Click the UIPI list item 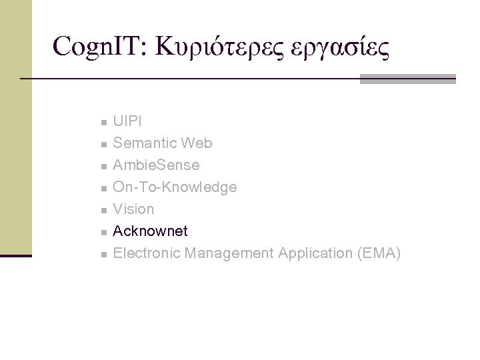[x=127, y=121]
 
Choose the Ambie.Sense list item [x=156, y=165]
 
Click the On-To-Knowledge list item [x=175, y=187]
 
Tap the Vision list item [x=133, y=209]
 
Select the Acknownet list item [x=150, y=231]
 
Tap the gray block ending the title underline [x=407, y=79]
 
